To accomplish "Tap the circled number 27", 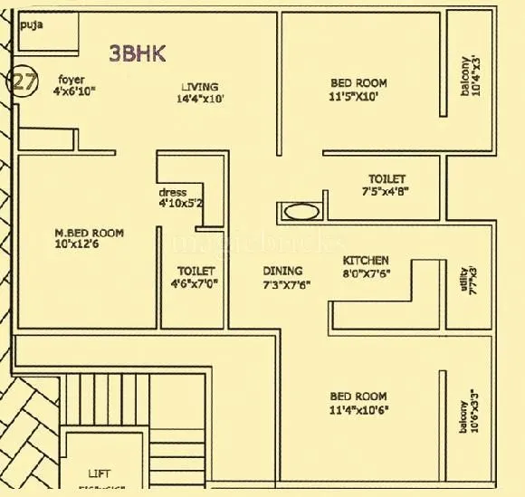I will [22, 81].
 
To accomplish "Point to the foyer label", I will [72, 80].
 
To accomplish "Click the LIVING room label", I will [199, 88].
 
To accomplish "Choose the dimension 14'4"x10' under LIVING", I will [200, 100].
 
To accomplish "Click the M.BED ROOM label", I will [89, 234].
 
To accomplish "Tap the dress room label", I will [172, 193].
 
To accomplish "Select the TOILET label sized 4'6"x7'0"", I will [196, 271].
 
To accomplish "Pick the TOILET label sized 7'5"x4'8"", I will [387, 179].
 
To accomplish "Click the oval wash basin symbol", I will [301, 213].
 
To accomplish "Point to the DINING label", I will [282, 271].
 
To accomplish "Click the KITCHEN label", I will [367, 260].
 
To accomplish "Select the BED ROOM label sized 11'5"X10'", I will [358, 83].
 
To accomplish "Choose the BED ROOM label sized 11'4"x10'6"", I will [358, 397].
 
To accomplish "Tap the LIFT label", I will [100, 473].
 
